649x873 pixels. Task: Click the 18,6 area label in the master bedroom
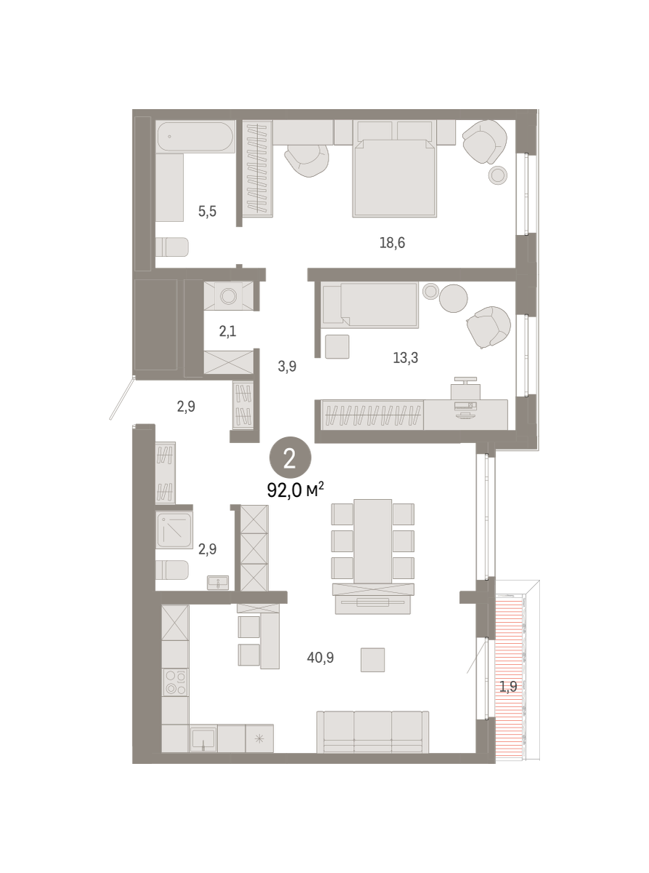point(392,243)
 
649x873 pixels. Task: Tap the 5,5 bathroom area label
point(207,212)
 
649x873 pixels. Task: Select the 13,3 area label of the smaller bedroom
point(406,358)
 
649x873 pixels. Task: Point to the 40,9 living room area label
point(321,658)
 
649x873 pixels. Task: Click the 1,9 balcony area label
point(508,687)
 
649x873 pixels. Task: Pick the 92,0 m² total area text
point(295,490)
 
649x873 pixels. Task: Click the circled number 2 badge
point(290,458)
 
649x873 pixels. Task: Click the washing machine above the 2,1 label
point(228,296)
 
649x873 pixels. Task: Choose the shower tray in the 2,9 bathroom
point(174,530)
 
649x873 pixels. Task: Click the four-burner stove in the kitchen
point(175,682)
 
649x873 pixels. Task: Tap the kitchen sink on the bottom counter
point(203,738)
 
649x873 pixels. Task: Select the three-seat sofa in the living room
point(373,732)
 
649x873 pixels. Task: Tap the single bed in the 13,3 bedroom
point(370,305)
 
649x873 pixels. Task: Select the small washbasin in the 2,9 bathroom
point(218,583)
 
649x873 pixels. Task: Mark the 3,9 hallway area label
point(287,367)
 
